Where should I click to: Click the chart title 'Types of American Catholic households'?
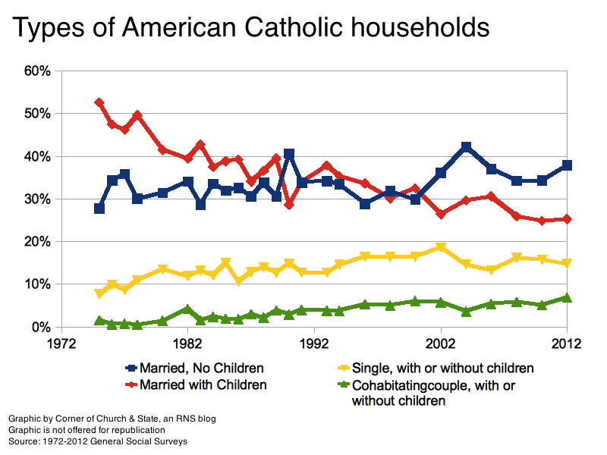click(251, 28)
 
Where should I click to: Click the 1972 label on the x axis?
click(61, 343)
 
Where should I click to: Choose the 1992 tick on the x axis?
click(313, 343)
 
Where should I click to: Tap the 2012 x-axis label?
click(566, 343)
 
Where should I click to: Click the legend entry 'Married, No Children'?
click(201, 369)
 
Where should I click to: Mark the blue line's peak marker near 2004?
click(466, 147)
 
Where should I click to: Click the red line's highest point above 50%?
click(99, 102)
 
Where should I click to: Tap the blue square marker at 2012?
click(567, 165)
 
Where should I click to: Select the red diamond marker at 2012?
click(567, 219)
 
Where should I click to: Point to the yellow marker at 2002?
click(440, 247)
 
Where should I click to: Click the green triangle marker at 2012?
click(567, 298)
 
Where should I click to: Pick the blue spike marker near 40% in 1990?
click(289, 154)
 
